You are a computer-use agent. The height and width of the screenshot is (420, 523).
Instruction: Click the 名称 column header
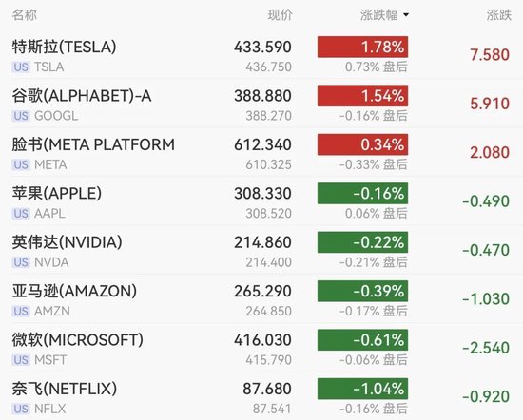[25, 15]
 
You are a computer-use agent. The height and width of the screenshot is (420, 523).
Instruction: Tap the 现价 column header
[280, 15]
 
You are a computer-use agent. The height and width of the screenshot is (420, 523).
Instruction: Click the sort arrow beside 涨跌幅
[406, 15]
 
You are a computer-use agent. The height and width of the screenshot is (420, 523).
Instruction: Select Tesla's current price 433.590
[262, 47]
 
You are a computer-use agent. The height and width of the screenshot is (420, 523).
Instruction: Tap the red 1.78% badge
[362, 47]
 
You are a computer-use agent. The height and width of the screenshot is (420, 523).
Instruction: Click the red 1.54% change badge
[362, 96]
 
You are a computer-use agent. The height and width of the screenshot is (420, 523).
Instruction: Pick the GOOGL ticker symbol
[56, 116]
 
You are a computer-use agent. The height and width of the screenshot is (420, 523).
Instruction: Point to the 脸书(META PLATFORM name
[93, 144]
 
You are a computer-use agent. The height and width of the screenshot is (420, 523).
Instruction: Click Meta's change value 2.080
[490, 153]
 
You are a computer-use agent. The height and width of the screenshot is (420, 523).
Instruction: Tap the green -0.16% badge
[362, 193]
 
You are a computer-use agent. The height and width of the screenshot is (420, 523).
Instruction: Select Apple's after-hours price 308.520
[268, 214]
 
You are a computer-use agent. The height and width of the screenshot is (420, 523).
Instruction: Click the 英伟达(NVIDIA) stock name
[68, 242]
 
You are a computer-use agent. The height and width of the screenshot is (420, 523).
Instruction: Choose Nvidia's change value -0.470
[486, 250]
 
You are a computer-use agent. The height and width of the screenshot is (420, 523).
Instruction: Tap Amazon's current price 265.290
[262, 292]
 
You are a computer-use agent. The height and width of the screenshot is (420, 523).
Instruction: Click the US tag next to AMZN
[21, 312]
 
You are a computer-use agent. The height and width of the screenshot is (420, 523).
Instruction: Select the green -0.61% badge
[362, 339]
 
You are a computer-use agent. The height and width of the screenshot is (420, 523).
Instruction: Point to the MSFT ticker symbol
[50, 360]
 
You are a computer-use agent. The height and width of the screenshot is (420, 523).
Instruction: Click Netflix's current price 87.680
[267, 389]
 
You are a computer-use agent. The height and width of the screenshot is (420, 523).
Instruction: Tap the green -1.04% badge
[362, 389]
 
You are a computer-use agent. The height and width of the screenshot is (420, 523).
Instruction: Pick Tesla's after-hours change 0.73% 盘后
[377, 67]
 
